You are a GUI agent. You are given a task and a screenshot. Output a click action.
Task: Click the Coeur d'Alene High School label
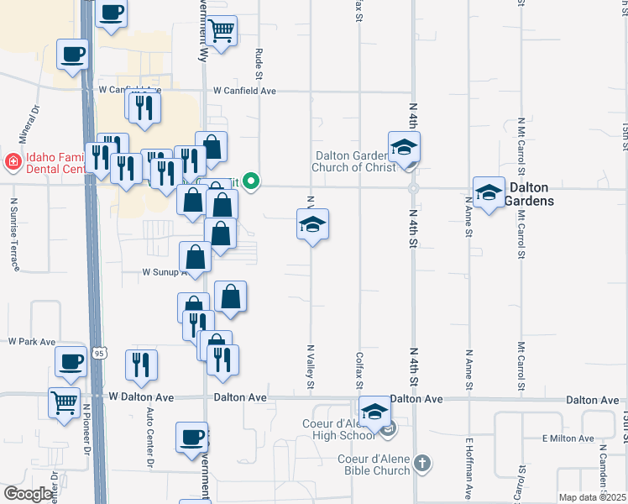click(339, 428)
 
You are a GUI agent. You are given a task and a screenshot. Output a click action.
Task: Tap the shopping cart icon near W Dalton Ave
click(64, 403)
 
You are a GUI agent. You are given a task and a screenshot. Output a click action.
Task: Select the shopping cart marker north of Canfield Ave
click(221, 31)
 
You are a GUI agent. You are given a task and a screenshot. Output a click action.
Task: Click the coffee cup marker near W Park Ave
click(71, 361)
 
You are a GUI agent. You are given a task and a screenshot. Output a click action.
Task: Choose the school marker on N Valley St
click(312, 224)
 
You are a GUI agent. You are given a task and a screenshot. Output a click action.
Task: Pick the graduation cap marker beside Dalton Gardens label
click(489, 193)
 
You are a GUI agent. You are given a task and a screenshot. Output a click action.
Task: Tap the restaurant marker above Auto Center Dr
click(141, 365)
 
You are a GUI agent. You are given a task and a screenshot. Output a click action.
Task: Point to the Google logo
click(28, 494)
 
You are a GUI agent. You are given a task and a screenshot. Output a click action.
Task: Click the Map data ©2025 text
click(592, 497)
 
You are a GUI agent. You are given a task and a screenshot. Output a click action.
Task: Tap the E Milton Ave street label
click(568, 438)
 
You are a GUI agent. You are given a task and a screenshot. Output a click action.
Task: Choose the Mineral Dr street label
click(24, 125)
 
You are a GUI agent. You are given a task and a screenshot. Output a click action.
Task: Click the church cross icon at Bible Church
click(421, 462)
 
